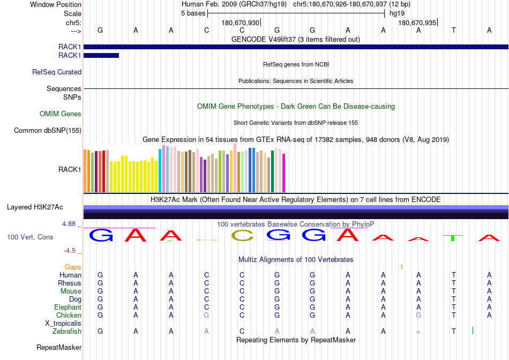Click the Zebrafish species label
67,332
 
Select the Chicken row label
69,315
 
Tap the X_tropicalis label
63,324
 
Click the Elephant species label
68,307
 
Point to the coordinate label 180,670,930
241,22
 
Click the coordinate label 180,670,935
417,22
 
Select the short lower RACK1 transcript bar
101,56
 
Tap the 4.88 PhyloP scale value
69,224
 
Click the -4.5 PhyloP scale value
70,250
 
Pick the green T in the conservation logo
453,238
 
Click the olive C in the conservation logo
243,235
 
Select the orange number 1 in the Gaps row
401,267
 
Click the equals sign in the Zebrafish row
418,332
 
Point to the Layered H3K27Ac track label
35,207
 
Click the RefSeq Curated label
57,72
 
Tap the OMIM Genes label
61,114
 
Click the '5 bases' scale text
193,13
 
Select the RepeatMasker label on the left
59,347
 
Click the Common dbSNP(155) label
48,131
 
